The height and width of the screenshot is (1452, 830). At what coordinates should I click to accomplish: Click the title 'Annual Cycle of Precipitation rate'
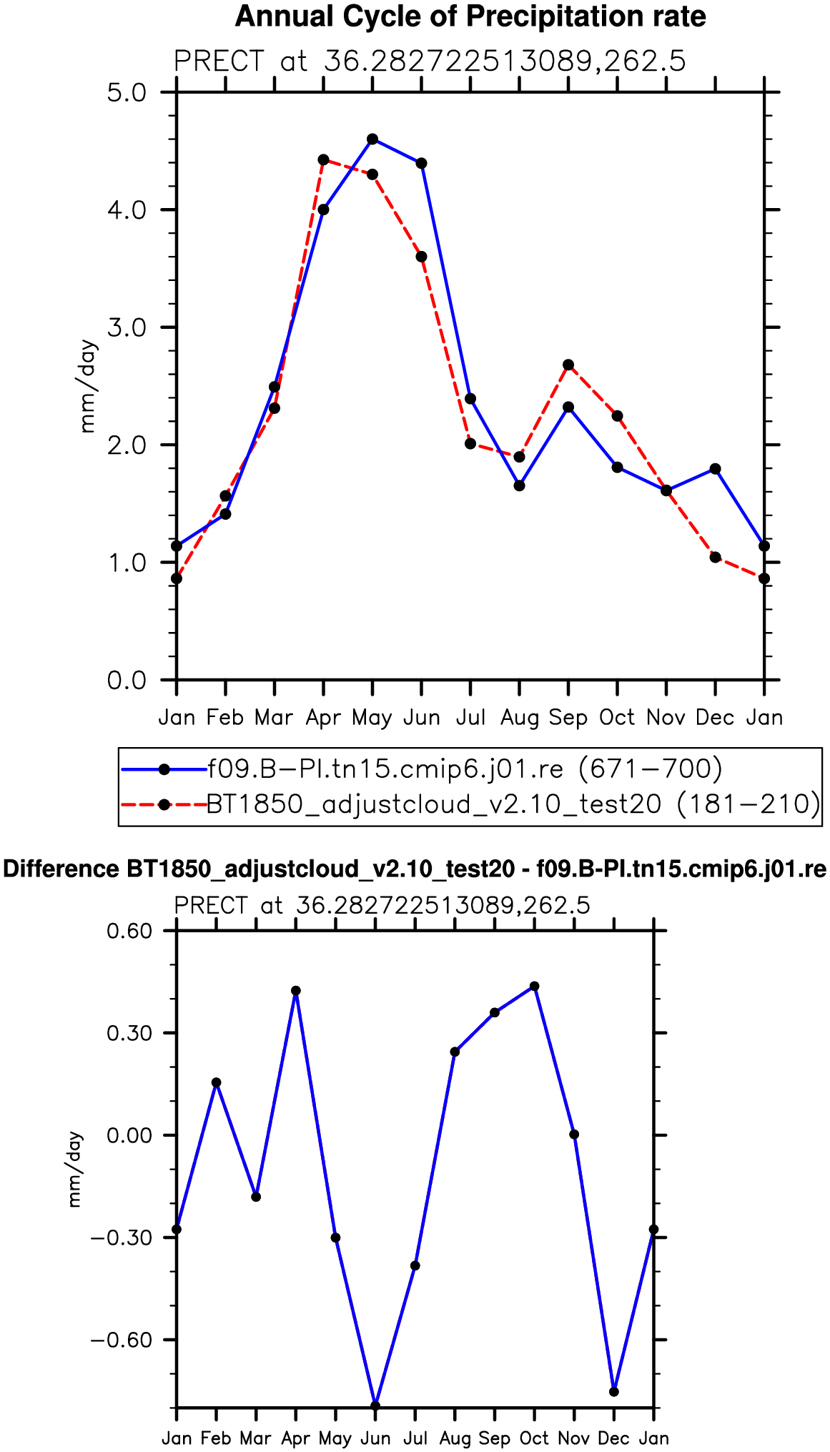(x=470, y=16)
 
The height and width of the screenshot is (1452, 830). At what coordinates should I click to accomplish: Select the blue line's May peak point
(x=372, y=139)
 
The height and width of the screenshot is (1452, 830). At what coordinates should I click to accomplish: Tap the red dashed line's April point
(x=323, y=159)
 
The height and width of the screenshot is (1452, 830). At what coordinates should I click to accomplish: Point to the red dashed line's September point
(x=568, y=365)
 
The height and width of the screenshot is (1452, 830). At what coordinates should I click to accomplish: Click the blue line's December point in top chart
(x=715, y=469)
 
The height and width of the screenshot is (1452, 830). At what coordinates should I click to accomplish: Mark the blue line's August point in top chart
(x=520, y=485)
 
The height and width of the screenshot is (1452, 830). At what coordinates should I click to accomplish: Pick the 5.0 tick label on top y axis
(x=127, y=93)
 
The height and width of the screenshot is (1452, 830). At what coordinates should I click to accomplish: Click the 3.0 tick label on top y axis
(x=127, y=327)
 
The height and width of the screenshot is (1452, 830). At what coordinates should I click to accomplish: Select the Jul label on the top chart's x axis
(x=470, y=717)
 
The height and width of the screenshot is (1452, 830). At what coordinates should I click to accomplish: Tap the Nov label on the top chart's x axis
(x=666, y=717)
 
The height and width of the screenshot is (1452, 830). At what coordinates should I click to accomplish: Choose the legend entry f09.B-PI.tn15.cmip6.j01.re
(x=465, y=769)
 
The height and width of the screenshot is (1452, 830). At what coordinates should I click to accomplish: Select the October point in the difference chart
(x=534, y=987)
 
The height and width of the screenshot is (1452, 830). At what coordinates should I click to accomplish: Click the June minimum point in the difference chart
(x=375, y=1406)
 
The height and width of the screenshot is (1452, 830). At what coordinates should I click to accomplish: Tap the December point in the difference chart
(x=614, y=1391)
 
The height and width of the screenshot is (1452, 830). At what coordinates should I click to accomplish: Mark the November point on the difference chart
(x=574, y=1135)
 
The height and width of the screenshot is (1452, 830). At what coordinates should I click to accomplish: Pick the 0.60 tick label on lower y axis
(x=130, y=931)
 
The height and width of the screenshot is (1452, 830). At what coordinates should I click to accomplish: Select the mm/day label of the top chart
(x=87, y=386)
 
